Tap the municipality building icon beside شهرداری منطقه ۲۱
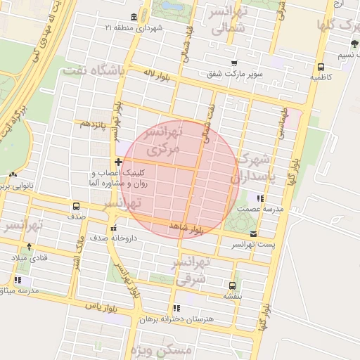click(x=134, y=17)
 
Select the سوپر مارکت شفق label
click(x=235, y=73)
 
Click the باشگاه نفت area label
click(x=93, y=71)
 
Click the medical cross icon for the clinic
click(x=117, y=162)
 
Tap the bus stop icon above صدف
click(x=75, y=207)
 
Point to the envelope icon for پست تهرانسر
click(x=253, y=234)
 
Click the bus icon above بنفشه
click(x=232, y=285)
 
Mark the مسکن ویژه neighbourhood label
click(x=181, y=349)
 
